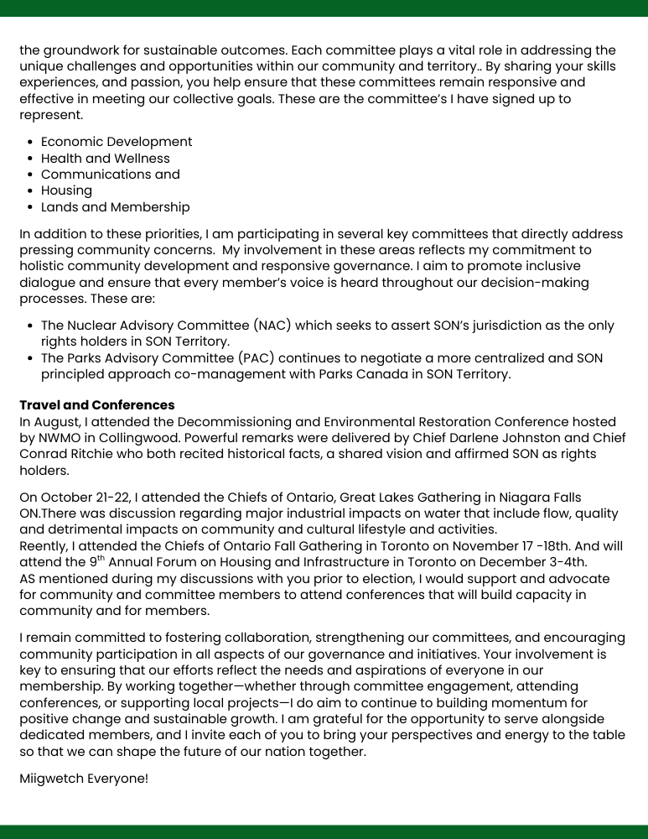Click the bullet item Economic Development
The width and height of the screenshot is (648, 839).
pos(117,142)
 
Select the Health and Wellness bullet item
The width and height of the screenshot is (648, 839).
pos(106,158)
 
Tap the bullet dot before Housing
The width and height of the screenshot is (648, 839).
pos(30,190)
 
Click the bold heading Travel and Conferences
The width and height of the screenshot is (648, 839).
pos(97,405)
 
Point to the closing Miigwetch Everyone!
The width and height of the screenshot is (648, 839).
pos(84,779)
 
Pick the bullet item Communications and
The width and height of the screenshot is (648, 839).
pos(111,175)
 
